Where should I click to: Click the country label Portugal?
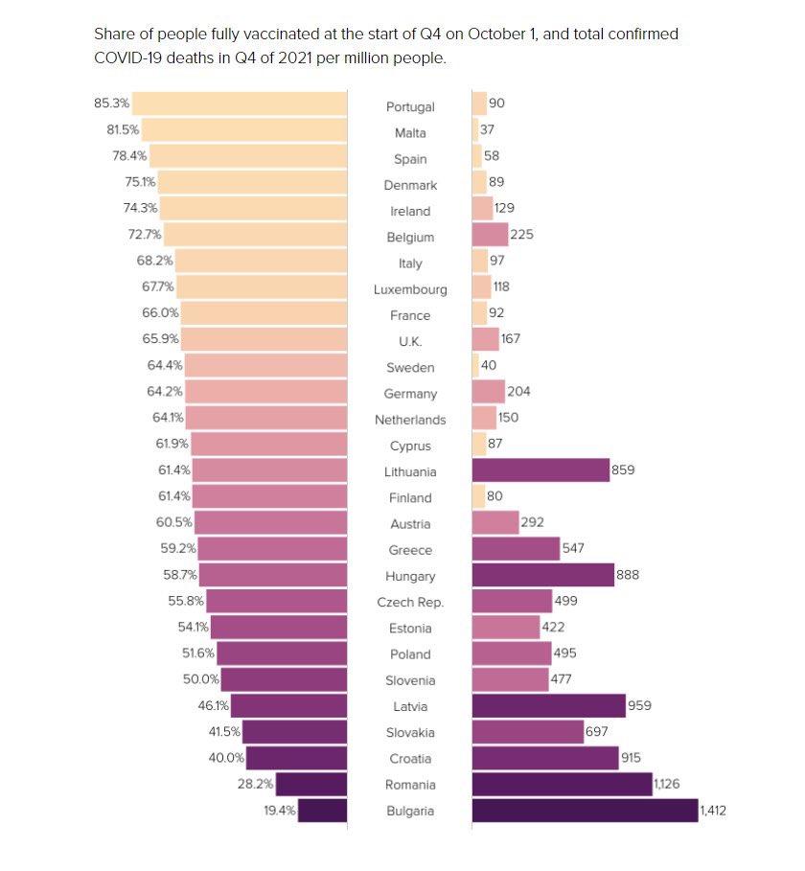point(409,107)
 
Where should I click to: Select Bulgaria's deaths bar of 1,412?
point(585,811)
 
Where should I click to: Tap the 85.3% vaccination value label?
point(110,103)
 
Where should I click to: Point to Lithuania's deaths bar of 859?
point(540,470)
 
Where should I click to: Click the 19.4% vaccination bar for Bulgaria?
point(322,811)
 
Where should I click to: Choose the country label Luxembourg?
point(409,289)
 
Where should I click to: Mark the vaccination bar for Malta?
point(243,129)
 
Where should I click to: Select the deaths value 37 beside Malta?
point(487,129)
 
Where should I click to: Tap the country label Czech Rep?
point(409,603)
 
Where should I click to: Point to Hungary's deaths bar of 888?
point(542,575)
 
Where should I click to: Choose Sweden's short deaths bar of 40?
point(475,367)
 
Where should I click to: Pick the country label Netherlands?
point(409,420)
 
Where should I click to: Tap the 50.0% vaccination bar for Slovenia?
point(284,679)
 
